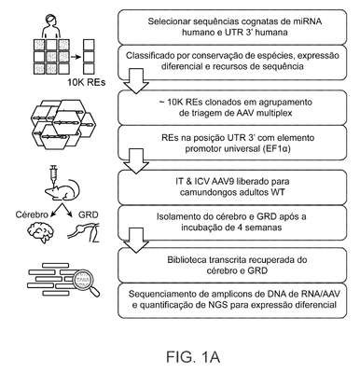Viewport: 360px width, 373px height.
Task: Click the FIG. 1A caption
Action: tap(193, 356)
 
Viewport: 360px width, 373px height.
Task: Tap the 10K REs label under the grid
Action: tap(87, 82)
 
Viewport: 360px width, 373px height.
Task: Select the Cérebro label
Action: tap(32, 214)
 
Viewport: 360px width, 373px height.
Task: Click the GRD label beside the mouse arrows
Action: tap(89, 214)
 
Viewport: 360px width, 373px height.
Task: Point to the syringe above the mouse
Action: tap(53, 175)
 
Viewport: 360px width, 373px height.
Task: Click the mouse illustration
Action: tap(63, 190)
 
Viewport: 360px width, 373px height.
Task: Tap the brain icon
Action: tap(40, 230)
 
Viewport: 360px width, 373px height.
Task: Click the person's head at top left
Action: tap(50, 20)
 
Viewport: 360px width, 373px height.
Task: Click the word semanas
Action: tap(266, 228)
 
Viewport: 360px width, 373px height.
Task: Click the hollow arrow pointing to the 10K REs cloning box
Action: tap(136, 81)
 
